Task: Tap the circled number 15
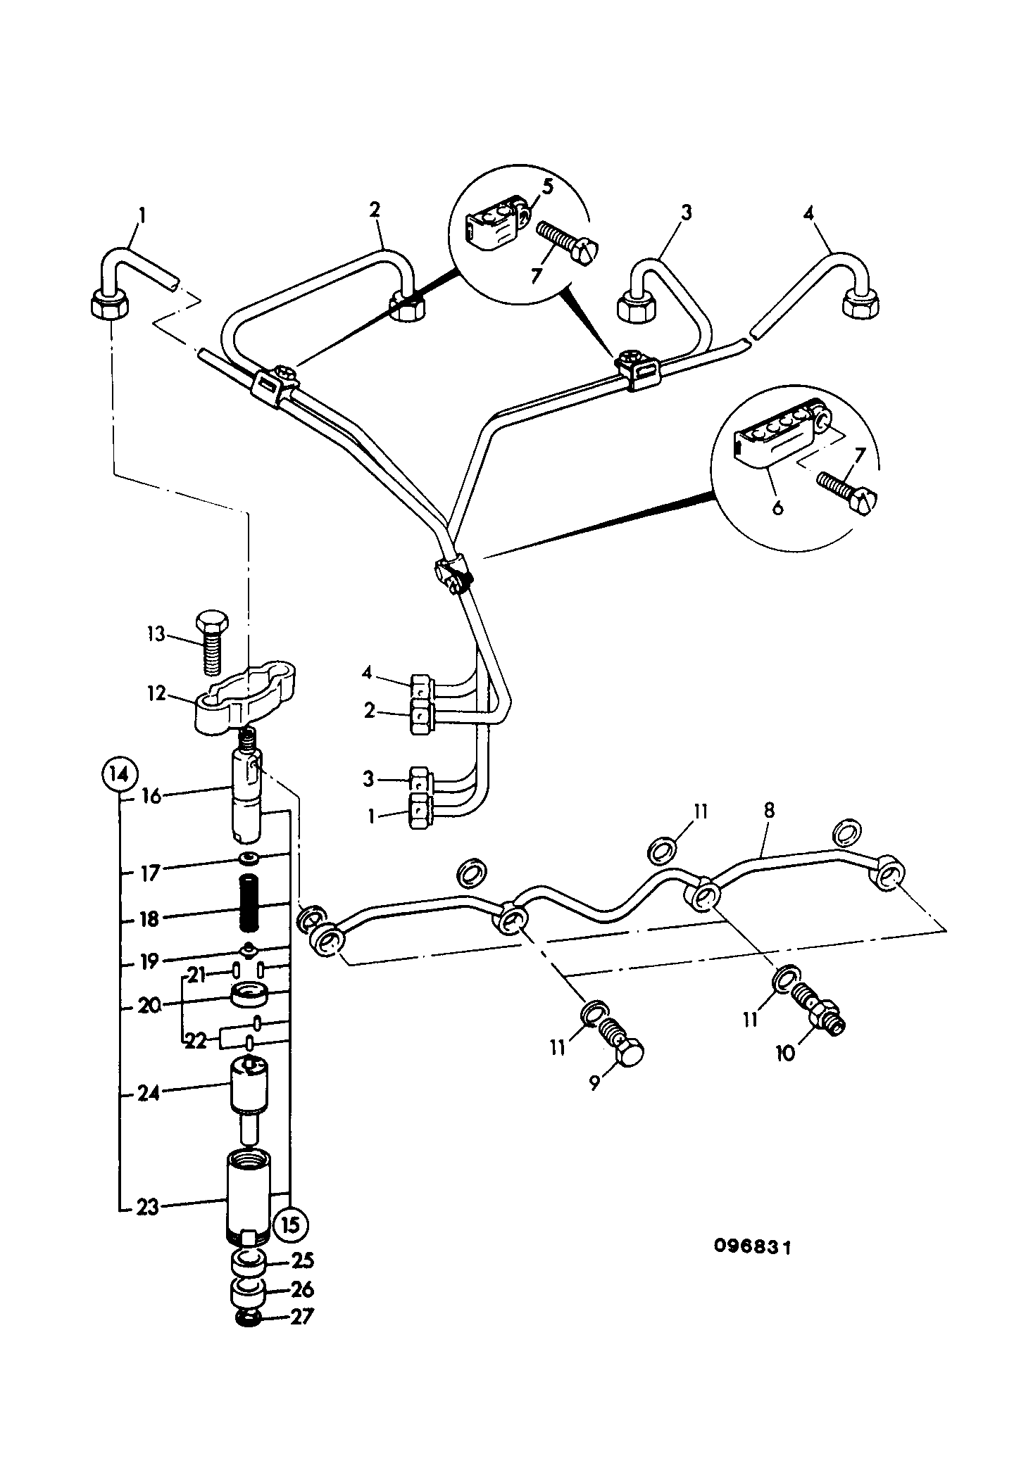coord(291,1225)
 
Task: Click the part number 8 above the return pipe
coord(768,810)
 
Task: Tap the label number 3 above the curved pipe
coord(686,212)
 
